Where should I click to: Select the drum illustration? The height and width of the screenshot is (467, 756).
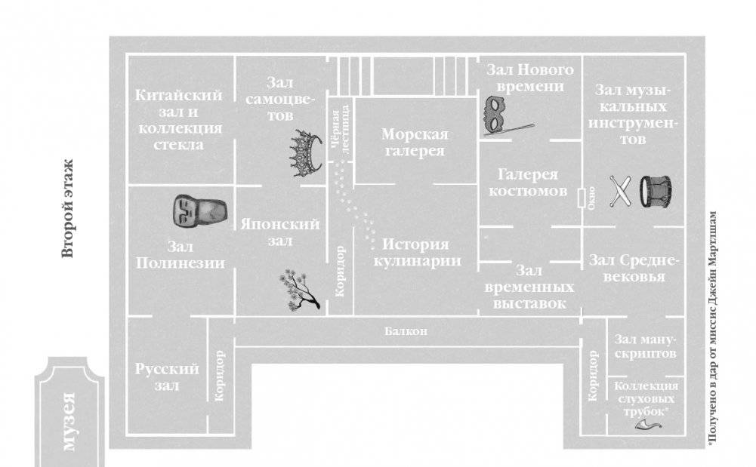pyautogui.click(x=656, y=192)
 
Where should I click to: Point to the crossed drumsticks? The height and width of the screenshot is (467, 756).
pyautogui.click(x=620, y=191)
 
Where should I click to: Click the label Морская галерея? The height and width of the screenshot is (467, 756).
pyautogui.click(x=414, y=143)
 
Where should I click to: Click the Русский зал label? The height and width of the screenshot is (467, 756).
pyautogui.click(x=167, y=377)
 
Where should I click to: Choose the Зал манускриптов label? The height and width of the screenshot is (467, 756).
pyautogui.click(x=645, y=346)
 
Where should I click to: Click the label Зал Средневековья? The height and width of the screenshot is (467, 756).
pyautogui.click(x=634, y=269)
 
